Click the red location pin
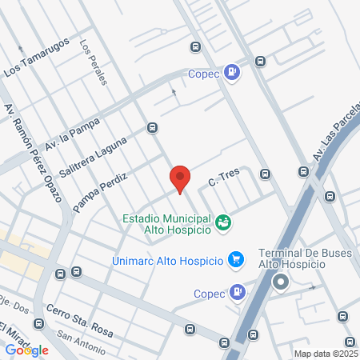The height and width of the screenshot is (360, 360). pyautogui.click(x=180, y=178)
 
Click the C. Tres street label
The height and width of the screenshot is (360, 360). pyautogui.click(x=224, y=181)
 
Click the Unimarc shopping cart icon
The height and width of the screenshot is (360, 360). pyautogui.click(x=235, y=259)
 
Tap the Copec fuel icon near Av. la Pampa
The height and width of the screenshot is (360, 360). pyautogui.click(x=231, y=73)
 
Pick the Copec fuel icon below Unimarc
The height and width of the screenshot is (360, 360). pyautogui.click(x=236, y=293)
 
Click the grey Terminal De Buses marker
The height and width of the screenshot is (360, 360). pyautogui.click(x=280, y=282)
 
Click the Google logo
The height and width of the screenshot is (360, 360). pyautogui.click(x=27, y=350)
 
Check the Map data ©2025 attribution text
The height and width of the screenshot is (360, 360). pyautogui.click(x=326, y=354)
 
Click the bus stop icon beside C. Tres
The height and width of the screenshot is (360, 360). pyautogui.click(x=265, y=173)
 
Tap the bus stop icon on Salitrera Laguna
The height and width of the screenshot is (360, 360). pyautogui.click(x=152, y=127)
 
